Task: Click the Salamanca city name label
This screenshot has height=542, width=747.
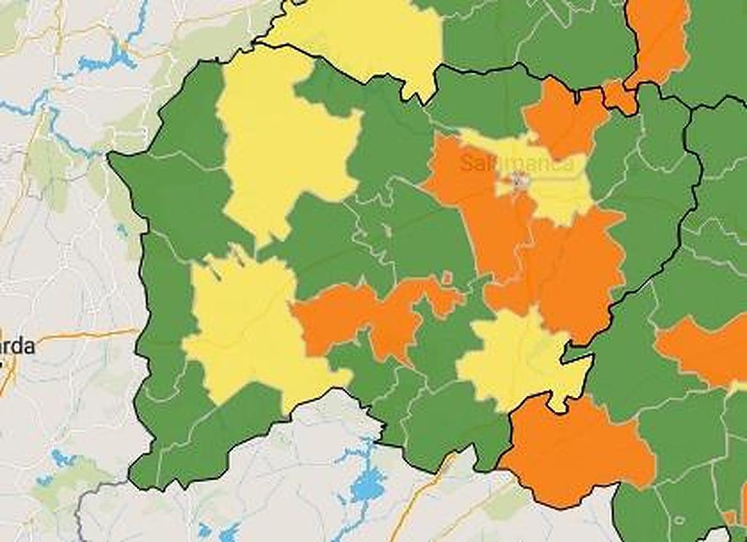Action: [x=517, y=164]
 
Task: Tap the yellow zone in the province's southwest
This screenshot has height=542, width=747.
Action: [x=249, y=330]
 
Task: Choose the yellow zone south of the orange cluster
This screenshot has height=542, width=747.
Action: [x=520, y=361]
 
